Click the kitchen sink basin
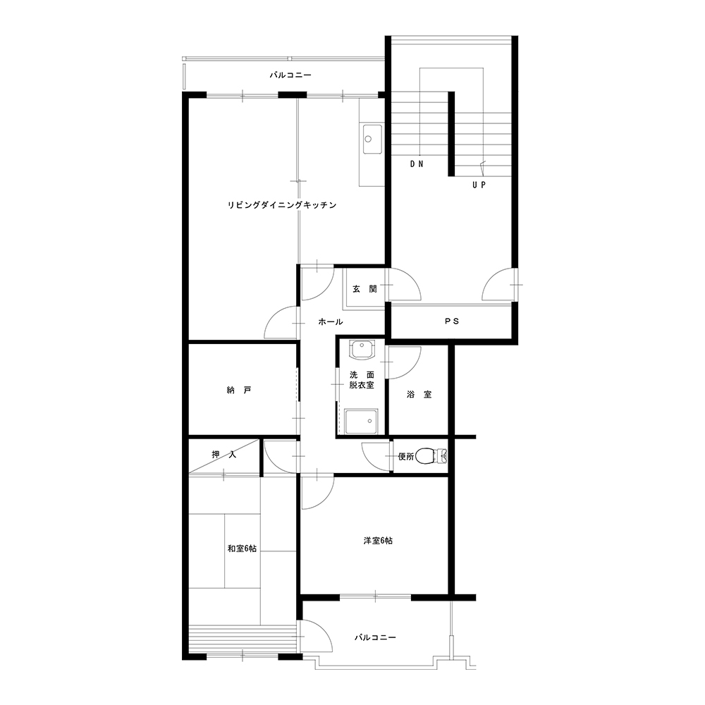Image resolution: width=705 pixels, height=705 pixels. point(372,140)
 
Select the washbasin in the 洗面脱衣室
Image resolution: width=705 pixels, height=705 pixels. point(362,350)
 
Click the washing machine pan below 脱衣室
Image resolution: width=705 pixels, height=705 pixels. point(361,422)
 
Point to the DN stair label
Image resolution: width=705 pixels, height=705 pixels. point(417,164)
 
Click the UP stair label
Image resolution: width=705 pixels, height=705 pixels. point(479,185)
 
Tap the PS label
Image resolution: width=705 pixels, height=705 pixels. point(452,321)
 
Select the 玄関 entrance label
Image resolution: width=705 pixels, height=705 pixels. point(364,289)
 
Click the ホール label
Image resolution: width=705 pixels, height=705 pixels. point(331,321)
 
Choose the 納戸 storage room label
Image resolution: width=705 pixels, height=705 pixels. point(239,391)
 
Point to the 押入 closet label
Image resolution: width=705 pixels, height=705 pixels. point(224,455)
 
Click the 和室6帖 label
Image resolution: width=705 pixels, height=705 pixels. point(242,548)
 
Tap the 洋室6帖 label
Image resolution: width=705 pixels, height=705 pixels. point(378,541)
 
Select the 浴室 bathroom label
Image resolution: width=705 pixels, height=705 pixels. point(419,395)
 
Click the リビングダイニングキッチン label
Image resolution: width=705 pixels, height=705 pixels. point(282,205)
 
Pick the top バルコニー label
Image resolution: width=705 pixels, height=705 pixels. point(290,75)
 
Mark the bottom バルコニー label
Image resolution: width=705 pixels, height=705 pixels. point(375,637)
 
